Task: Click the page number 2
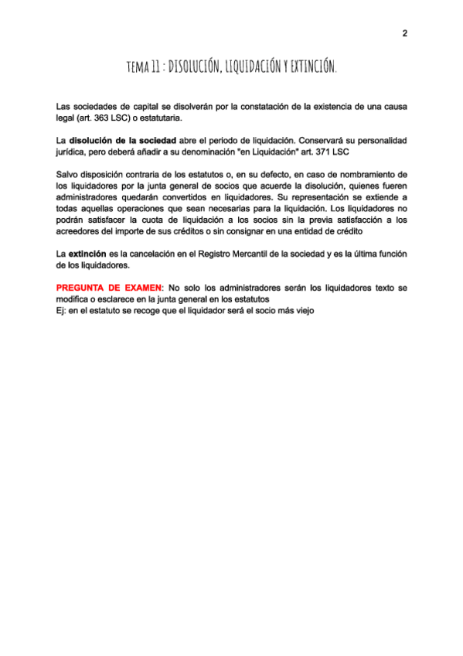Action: point(404,33)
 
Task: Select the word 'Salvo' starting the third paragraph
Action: point(69,175)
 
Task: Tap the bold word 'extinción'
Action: point(87,254)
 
